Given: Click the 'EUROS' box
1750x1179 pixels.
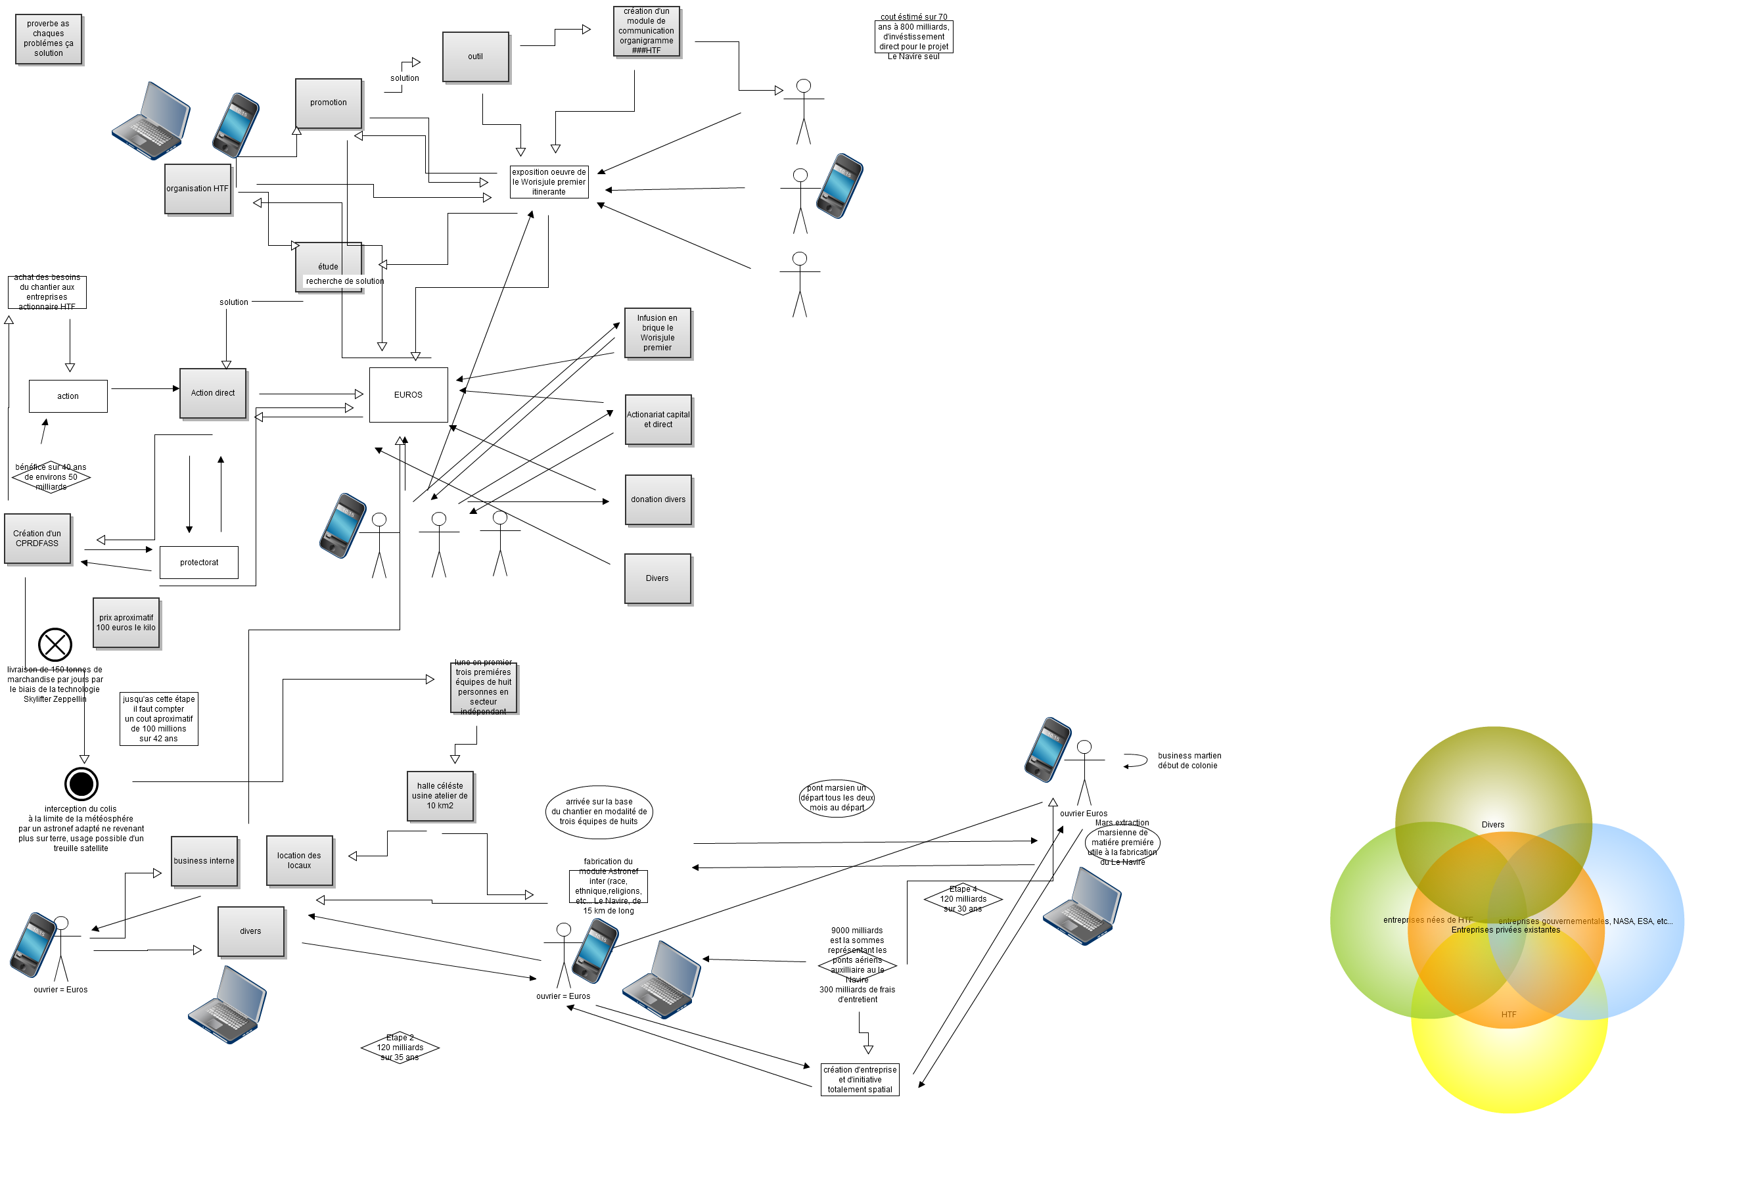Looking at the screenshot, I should click(408, 395).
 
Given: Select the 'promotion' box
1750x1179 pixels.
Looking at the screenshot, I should click(329, 103).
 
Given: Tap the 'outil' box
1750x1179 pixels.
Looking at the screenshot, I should click(475, 57).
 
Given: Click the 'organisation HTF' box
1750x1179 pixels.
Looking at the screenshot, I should click(198, 189).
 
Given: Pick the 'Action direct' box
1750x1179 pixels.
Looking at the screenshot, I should click(213, 393).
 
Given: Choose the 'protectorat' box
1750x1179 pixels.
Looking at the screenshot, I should click(199, 563).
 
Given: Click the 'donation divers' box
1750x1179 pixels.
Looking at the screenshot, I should click(658, 500).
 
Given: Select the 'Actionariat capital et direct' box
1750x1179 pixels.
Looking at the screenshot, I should click(658, 419).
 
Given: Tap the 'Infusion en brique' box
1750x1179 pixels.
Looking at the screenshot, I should click(657, 333).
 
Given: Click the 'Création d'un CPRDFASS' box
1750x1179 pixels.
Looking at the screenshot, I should click(37, 538).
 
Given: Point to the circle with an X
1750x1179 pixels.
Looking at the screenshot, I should click(55, 645).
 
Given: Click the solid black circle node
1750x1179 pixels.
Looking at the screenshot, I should click(81, 784).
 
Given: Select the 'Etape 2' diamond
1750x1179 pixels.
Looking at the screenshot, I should click(400, 1048).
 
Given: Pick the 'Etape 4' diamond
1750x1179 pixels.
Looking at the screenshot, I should click(963, 899).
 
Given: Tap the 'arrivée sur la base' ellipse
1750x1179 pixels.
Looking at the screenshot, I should click(599, 812).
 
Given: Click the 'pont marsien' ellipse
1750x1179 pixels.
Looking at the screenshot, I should click(837, 798).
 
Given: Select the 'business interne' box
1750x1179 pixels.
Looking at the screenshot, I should click(204, 862).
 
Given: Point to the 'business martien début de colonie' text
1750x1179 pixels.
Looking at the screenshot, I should click(1189, 761).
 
